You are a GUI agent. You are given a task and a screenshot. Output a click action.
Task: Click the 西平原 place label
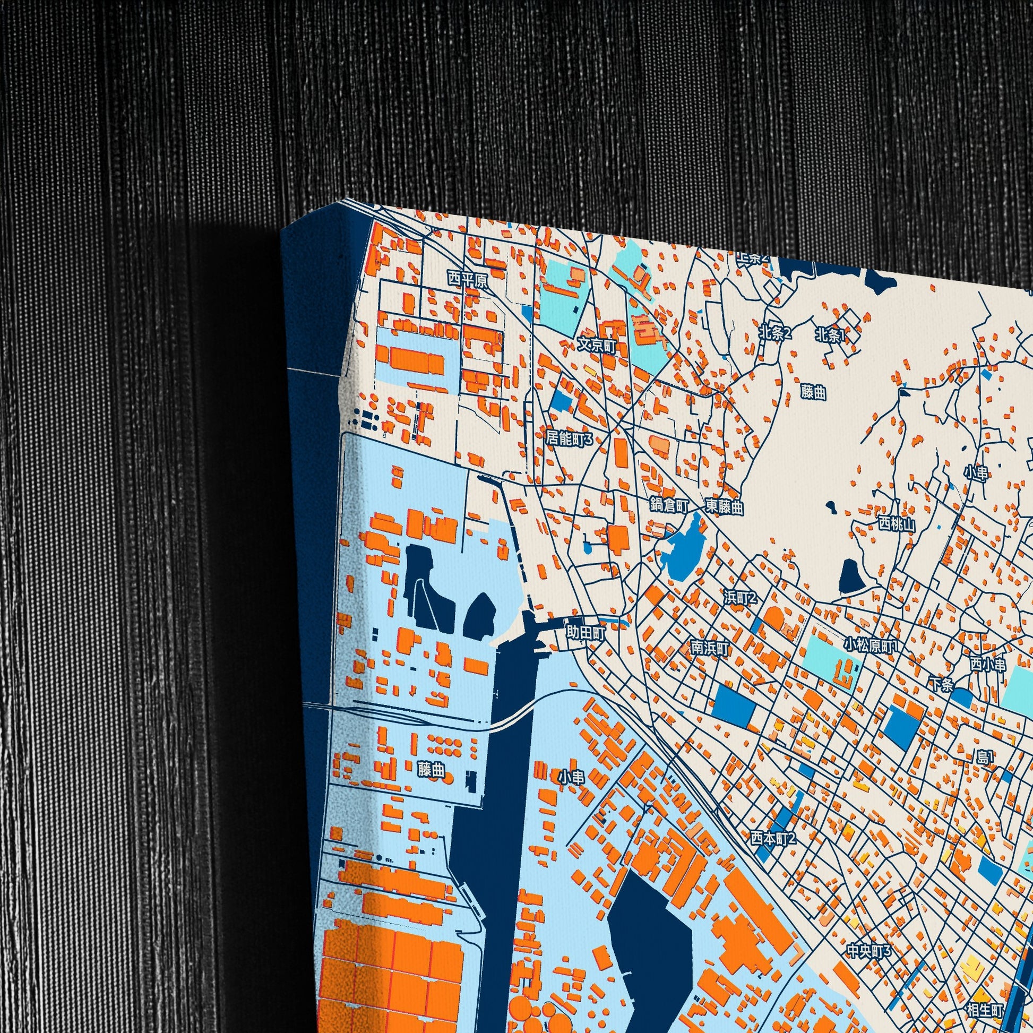[468, 280]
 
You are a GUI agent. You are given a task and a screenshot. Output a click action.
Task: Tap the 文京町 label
[597, 346]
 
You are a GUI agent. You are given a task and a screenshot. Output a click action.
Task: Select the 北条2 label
[774, 333]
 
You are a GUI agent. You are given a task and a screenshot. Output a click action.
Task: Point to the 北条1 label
[831, 335]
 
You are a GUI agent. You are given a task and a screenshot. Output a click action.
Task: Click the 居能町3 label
[570, 439]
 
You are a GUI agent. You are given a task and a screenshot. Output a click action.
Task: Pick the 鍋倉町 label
[669, 505]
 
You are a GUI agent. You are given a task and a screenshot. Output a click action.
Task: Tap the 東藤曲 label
[724, 506]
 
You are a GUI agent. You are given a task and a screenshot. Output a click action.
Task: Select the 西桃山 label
[897, 523]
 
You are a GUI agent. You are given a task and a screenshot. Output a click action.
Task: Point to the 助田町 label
[586, 633]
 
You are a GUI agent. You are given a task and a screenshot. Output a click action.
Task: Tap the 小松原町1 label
[871, 645]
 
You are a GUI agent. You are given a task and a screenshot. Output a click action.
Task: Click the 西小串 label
[988, 665]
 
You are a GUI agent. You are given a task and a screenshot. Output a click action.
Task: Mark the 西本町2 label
[773, 838]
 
